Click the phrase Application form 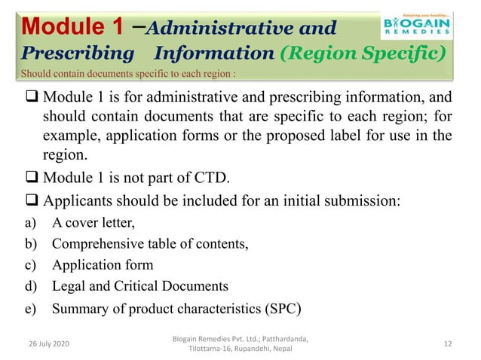(103, 265)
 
